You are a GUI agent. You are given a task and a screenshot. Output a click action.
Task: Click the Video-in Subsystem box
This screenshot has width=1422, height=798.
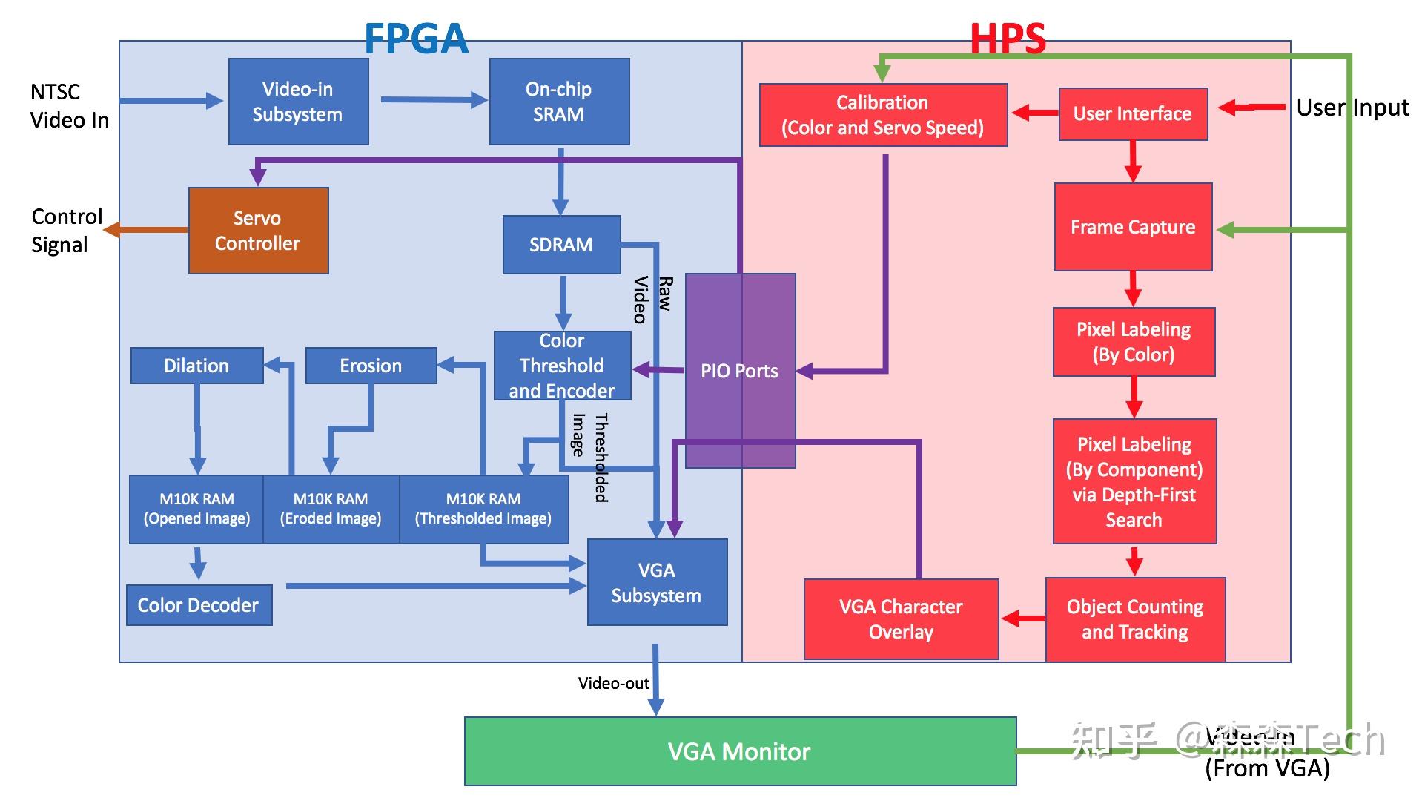[x=298, y=102]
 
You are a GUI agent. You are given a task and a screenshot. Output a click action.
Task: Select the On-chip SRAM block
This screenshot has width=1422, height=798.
[x=559, y=102]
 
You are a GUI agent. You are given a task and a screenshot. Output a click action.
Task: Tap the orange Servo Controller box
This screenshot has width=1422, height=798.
[x=258, y=231]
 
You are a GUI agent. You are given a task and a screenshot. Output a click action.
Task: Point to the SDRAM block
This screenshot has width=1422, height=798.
[x=561, y=245]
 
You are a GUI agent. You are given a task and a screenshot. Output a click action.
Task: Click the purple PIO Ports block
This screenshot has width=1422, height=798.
[x=740, y=371]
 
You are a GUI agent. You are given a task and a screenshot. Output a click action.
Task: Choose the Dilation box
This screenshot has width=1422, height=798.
[x=196, y=366]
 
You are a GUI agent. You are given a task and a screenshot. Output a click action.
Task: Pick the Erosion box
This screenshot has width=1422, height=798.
[x=371, y=366]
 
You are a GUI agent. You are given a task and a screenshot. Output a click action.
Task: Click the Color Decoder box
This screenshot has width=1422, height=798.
[x=199, y=605]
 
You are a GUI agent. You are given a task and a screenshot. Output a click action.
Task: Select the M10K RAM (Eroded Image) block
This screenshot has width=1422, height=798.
[x=331, y=509]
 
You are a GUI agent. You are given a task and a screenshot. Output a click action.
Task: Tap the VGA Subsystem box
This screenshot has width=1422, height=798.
[x=657, y=582]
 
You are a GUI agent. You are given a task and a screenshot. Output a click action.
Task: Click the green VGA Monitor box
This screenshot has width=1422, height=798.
[x=740, y=751]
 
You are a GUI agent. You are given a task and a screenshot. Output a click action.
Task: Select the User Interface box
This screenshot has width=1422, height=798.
[x=1133, y=113]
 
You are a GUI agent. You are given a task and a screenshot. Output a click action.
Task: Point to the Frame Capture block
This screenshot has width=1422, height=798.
[x=1133, y=227]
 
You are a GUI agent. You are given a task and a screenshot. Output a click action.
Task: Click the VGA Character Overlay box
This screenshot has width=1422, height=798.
[x=901, y=619]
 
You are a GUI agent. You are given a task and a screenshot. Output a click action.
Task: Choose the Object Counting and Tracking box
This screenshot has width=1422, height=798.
[x=1135, y=619]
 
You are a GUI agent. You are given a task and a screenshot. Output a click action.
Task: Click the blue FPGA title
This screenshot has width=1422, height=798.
[x=416, y=39]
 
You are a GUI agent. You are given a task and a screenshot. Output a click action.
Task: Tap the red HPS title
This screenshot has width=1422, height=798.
[x=1008, y=39]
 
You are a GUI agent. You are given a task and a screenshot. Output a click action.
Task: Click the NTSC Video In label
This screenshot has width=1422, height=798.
[x=69, y=106]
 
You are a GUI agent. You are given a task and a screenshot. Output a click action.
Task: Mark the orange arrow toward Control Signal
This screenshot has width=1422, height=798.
[x=145, y=230]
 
